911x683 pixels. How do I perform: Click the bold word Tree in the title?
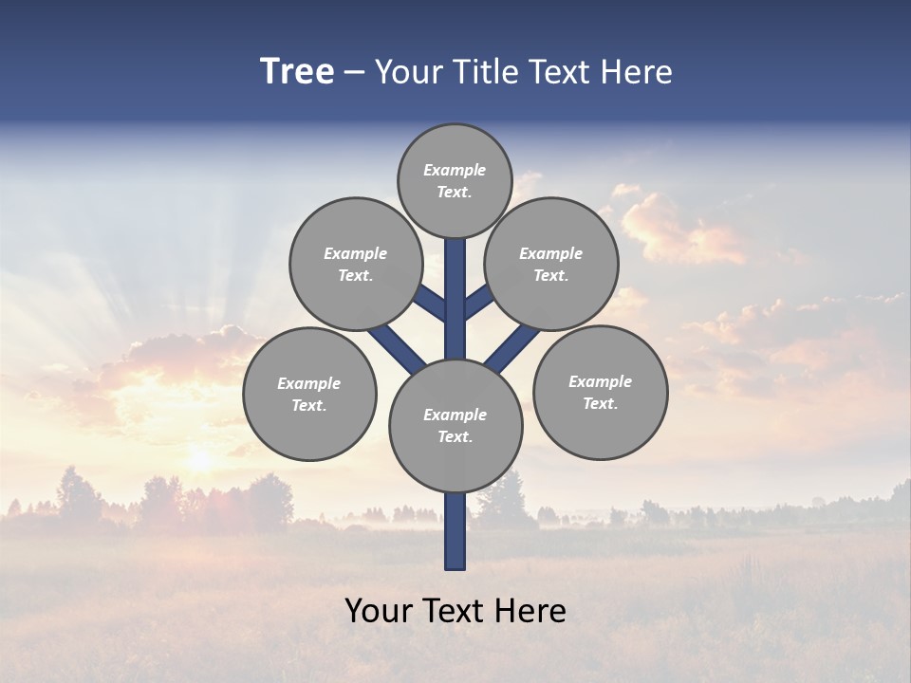[297, 72]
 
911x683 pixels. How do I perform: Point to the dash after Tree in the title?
[354, 73]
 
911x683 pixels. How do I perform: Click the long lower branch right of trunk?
[512, 348]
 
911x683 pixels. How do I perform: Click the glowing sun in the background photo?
[199, 460]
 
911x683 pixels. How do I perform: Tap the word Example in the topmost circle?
[455, 170]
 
